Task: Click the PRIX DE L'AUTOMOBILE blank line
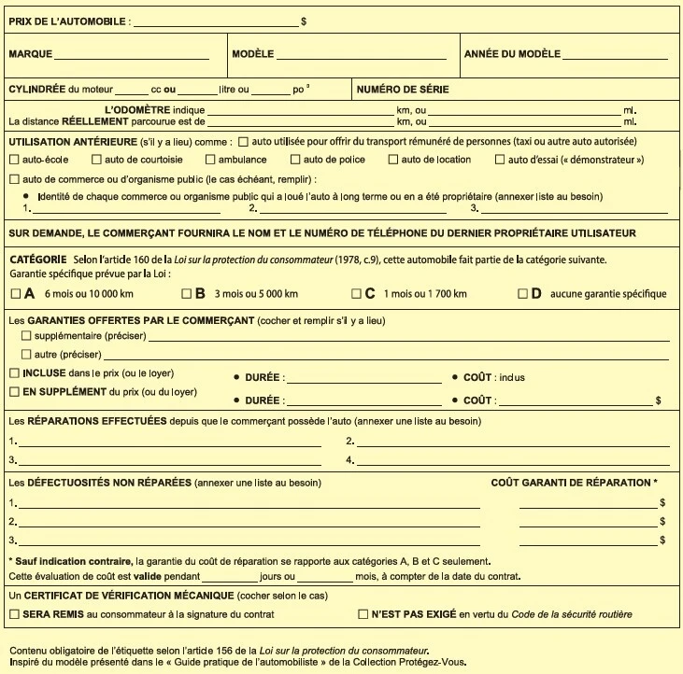click(216, 21)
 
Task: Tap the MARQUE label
click(30, 54)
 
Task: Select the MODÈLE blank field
click(356, 55)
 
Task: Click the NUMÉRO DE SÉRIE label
click(403, 91)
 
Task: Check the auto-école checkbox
click(13, 160)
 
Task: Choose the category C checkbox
click(355, 294)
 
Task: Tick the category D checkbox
click(522, 294)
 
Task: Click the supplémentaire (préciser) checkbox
click(26, 334)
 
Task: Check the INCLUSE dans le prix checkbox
click(13, 372)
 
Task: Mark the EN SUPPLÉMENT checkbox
click(13, 392)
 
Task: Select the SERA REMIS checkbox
click(13, 614)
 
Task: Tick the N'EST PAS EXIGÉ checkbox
click(363, 614)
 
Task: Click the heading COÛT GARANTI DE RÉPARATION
click(574, 483)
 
